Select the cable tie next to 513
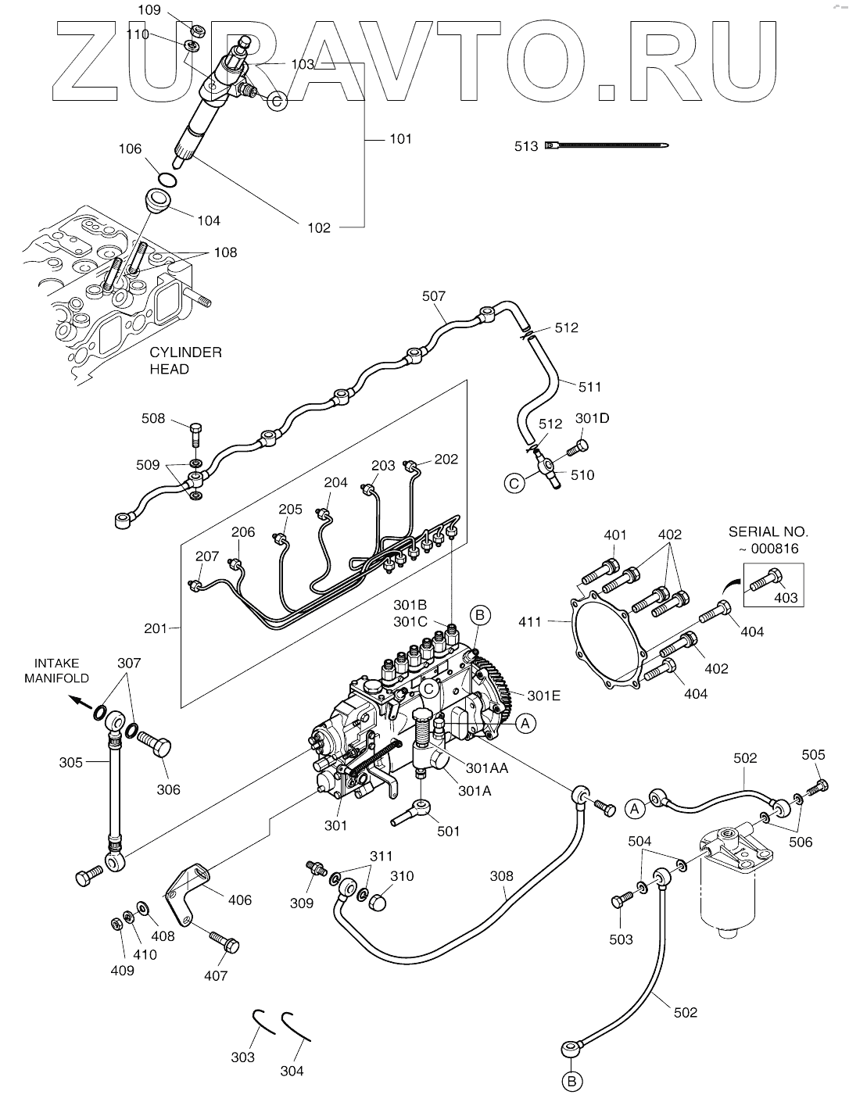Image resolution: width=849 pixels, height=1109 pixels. point(610,145)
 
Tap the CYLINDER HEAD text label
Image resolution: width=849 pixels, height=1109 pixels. point(185,360)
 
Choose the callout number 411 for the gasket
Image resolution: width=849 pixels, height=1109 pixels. point(530,622)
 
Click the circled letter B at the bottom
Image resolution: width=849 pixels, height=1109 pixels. point(571,1082)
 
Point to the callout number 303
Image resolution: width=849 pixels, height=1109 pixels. point(243,1057)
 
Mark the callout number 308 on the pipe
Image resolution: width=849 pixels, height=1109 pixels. point(503,876)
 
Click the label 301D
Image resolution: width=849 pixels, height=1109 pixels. point(592,418)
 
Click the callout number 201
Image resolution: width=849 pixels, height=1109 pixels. point(156,628)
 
